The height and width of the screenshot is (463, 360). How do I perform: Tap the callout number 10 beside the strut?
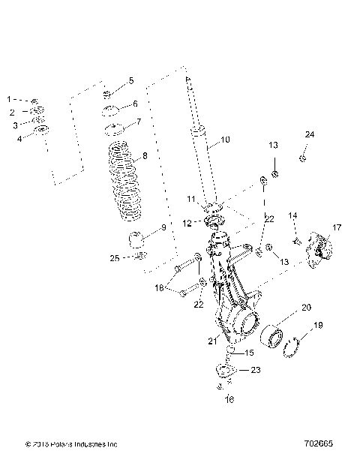(x=225, y=140)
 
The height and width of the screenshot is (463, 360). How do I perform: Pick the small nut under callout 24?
(x=301, y=158)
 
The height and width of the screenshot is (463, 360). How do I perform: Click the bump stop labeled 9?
(x=136, y=242)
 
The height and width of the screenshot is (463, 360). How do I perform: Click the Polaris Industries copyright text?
(x=70, y=444)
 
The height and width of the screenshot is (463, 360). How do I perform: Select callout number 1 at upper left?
(x=10, y=98)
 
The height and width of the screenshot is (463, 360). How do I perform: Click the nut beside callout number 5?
(x=107, y=94)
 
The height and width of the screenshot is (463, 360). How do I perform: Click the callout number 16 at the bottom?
(x=230, y=400)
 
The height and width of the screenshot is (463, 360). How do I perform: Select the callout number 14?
(x=293, y=215)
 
